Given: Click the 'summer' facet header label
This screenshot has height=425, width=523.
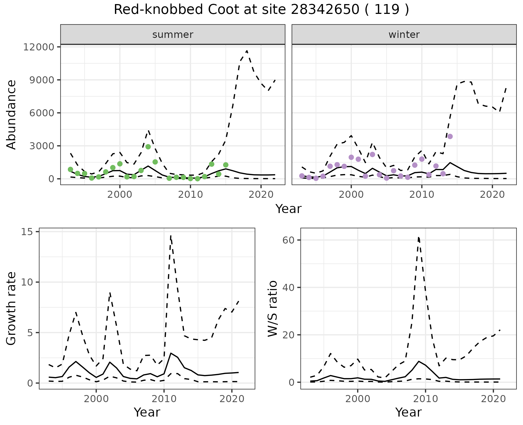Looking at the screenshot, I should (173, 35).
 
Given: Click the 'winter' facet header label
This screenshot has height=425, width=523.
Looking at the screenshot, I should (404, 35).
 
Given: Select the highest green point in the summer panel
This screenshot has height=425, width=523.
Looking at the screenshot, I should (148, 147).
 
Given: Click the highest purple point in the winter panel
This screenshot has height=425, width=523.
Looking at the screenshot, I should (450, 136).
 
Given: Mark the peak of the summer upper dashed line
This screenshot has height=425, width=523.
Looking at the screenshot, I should (247, 51).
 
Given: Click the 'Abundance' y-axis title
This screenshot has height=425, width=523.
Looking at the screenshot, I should (11, 115).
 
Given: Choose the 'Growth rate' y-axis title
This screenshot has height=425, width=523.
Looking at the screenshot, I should (11, 309).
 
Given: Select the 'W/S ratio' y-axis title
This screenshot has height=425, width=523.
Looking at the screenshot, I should (273, 309).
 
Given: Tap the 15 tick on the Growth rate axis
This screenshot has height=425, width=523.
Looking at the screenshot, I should (26, 232).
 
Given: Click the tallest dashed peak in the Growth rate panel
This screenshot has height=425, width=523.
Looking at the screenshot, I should (171, 236).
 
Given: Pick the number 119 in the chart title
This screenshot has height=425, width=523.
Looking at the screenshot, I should (387, 10).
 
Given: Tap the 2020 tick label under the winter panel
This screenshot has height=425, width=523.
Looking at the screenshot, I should (492, 195).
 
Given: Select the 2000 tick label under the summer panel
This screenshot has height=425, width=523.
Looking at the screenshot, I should (120, 195).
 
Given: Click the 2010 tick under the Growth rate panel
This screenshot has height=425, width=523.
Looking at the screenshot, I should (164, 399).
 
